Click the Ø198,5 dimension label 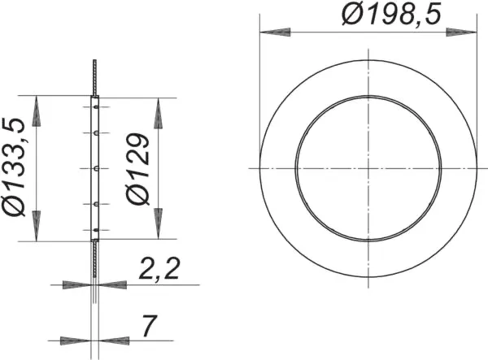coord(391,15)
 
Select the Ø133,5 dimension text coord(14,167)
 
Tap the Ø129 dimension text coord(138,169)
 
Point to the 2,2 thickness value coord(159,269)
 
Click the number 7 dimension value coord(149,326)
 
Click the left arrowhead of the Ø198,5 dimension coord(275,32)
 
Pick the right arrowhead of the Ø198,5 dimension coord(461,32)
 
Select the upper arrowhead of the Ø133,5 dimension coord(37,111)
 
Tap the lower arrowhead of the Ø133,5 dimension coord(37,226)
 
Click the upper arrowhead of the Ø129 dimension coord(159,114)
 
